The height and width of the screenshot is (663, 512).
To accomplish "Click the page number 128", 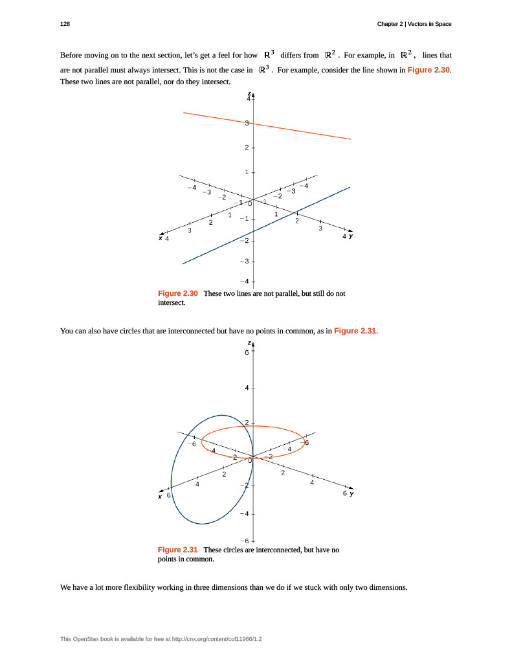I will (65, 24).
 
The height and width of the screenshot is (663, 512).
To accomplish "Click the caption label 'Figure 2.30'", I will (178, 293).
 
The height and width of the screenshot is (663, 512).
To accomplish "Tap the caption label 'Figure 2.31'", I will (178, 550).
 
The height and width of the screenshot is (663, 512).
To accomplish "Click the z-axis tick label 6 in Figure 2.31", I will (246, 353).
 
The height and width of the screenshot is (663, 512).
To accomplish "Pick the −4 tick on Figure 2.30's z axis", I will (244, 282).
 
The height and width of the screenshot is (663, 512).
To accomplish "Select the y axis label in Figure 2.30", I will (351, 236).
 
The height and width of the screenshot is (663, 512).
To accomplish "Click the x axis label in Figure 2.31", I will (160, 497).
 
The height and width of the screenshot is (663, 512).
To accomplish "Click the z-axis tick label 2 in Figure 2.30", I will (246, 148).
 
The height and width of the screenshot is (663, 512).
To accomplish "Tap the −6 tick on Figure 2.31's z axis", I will (244, 541).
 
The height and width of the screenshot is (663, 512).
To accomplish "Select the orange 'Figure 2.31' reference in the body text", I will (355, 331).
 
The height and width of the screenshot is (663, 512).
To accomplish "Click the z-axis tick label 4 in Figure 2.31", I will (246, 388).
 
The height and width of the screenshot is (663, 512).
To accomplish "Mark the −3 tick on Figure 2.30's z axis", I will (244, 261).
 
